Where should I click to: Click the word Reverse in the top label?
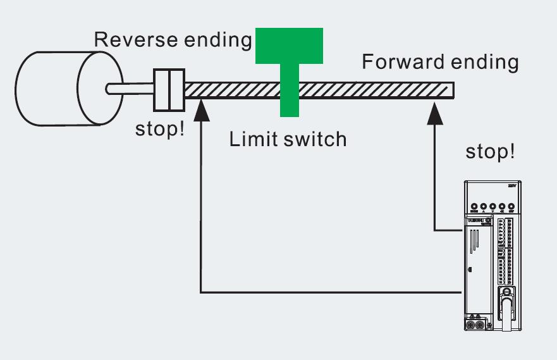pos(135,39)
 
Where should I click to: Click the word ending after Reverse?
pos(217,40)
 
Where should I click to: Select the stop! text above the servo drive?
pos(490,152)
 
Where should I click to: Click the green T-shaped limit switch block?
pos(290,63)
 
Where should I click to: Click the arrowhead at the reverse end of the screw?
pos(200,109)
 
